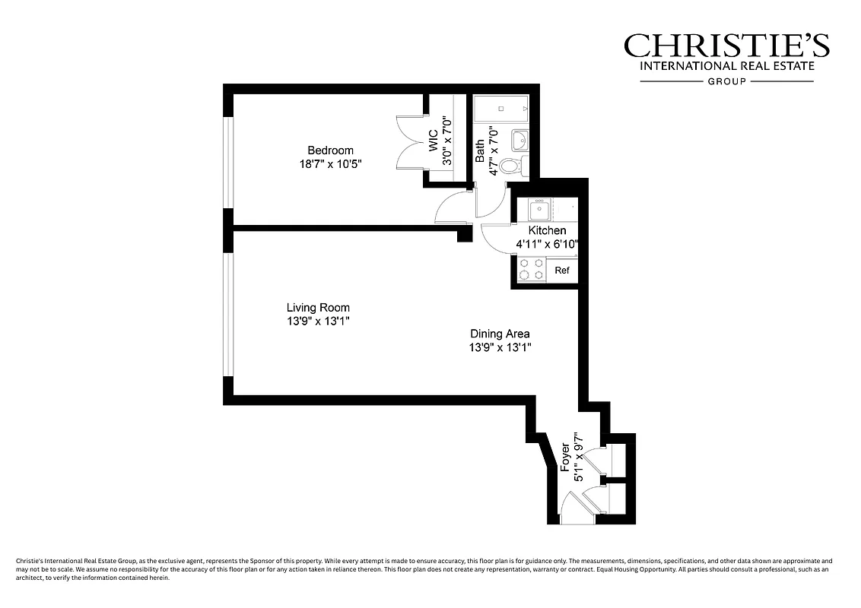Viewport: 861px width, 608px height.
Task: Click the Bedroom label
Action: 330,150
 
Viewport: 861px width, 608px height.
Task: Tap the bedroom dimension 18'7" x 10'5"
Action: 330,164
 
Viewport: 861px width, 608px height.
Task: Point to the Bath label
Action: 481,150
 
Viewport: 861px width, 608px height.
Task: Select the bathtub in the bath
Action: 501,110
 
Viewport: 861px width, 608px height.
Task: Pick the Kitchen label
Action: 548,230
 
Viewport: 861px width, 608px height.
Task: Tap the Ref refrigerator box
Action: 562,271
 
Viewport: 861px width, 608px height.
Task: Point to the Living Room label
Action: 318,308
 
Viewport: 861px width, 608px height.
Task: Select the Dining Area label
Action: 500,334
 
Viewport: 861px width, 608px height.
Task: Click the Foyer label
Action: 565,458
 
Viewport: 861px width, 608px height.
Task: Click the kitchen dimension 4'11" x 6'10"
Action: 548,244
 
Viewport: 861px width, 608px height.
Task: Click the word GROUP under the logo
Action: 726,81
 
